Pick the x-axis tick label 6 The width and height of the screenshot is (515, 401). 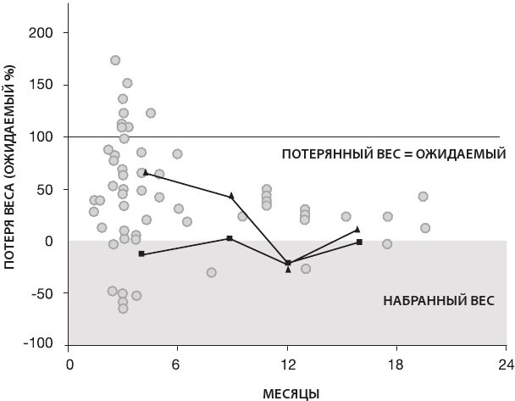pos(178,365)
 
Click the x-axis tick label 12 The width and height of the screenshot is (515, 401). pos(288,365)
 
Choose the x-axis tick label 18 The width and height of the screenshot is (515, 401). pos(397,365)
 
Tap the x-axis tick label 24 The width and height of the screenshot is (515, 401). pos(506,365)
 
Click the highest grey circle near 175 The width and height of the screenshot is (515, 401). pos(115,60)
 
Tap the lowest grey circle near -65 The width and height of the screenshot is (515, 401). pos(123,309)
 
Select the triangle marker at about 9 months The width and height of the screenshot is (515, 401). pos(231,196)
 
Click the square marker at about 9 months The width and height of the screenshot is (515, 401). pos(230,238)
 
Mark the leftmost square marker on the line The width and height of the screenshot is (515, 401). pos(141,254)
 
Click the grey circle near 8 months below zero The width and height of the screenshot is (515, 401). pos(211,272)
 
